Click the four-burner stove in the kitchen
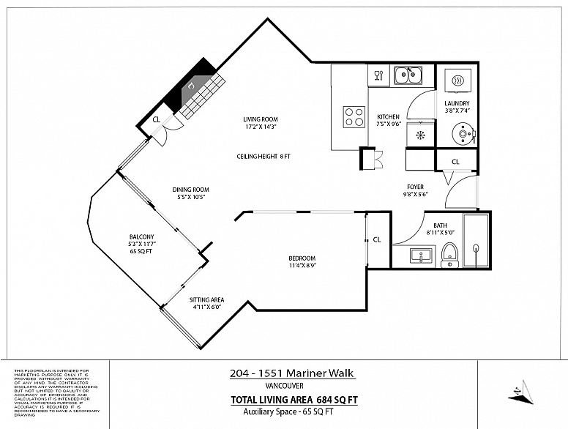click(354, 117)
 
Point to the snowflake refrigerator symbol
click(420, 135)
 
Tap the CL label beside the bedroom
click(377, 239)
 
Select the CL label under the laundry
click(455, 161)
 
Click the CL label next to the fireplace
click(156, 120)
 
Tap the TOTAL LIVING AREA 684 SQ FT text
click(294, 400)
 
